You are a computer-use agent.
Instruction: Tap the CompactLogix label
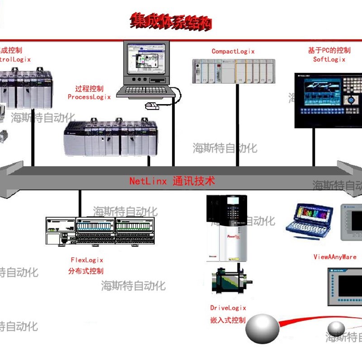tap(233, 51)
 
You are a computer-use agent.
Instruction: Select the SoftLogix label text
tap(329, 59)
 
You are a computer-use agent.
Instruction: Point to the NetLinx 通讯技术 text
tap(172, 181)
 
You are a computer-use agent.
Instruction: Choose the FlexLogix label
tap(87, 260)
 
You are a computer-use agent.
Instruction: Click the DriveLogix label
tap(228, 308)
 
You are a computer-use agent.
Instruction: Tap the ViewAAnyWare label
tap(335, 257)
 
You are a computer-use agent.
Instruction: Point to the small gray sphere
tap(336, 328)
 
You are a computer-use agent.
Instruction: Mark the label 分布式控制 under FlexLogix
tap(86, 271)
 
